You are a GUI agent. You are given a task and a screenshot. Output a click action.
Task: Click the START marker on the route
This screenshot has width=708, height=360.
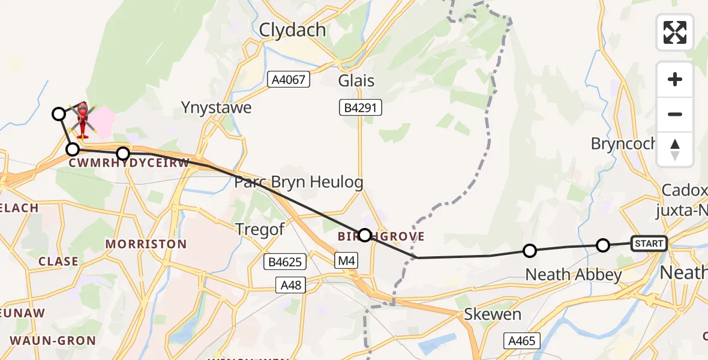649,243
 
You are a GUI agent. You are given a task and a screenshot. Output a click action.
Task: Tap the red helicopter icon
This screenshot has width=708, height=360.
82,119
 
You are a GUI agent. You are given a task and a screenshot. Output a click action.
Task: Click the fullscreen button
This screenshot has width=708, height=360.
675,32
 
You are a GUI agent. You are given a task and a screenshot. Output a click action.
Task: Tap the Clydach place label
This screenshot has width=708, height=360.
293,30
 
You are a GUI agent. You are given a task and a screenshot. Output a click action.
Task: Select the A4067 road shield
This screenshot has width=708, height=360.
289,78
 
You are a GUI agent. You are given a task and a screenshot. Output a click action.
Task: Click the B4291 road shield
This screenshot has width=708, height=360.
359,108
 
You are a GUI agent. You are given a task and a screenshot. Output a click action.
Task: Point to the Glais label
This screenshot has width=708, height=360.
356,81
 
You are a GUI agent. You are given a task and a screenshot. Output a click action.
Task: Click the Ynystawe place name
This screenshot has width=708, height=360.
217,108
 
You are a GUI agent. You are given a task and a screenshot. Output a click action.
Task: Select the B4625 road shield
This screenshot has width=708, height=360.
285,262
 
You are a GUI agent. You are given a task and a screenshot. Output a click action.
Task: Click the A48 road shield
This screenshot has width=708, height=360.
292,284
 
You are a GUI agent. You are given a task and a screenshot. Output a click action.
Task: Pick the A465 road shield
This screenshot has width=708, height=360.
522,340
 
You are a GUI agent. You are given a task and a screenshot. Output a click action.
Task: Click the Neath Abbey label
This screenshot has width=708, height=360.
573,275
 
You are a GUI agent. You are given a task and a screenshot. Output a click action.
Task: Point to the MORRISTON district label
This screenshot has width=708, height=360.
146,244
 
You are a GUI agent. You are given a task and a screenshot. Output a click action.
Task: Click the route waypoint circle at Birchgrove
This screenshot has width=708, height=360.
365,235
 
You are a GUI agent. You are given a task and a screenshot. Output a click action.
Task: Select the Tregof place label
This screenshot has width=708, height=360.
260,229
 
